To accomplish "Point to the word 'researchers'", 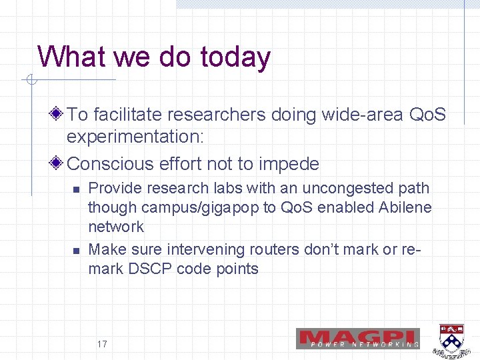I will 218,115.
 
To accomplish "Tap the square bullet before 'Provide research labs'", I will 76,190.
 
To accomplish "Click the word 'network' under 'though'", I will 116,227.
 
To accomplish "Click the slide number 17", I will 102,345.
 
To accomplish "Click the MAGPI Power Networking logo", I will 358,338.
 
